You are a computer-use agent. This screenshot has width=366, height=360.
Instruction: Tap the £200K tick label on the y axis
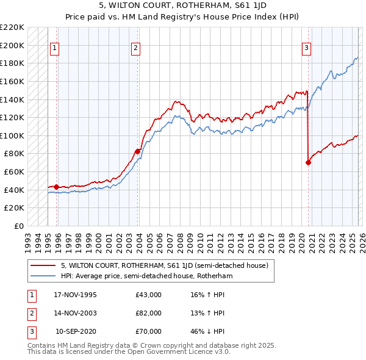pos(13,45)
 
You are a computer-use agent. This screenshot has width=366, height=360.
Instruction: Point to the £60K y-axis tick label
pos(15,172)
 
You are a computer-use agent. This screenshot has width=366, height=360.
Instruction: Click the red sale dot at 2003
pos(138,151)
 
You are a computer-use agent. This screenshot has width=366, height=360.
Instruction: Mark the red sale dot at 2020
pos(308,162)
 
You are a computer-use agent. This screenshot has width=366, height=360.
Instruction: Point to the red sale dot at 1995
pos(56,187)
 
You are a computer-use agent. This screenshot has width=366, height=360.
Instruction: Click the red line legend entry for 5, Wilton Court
pos(168,265)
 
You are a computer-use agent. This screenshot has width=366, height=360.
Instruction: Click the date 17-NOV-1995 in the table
pos(75,295)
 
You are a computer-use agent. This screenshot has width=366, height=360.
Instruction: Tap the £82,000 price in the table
pos(149,313)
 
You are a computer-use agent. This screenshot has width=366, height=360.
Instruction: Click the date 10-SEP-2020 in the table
pos(76,331)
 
